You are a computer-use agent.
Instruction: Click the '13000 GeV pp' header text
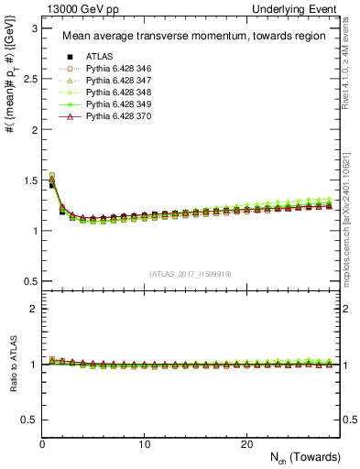click(x=72, y=9)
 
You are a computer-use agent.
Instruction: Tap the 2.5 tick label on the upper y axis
click(x=28, y=79)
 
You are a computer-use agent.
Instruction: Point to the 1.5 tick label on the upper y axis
click(x=28, y=180)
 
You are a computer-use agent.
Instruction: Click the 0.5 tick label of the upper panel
click(x=28, y=280)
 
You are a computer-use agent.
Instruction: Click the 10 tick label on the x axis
click(x=145, y=444)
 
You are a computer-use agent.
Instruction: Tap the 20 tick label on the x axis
click(x=246, y=444)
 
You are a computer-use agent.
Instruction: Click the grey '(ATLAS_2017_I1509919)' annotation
click(x=190, y=274)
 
